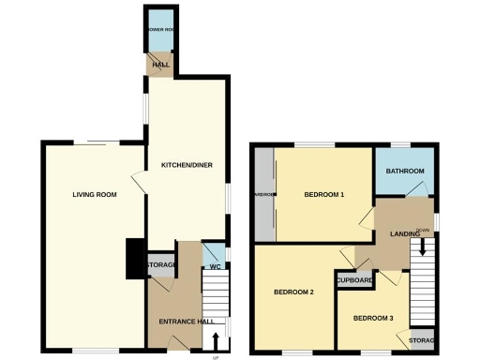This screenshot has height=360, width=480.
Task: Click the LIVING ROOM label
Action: point(95,195)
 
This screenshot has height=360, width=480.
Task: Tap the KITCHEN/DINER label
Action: point(187,165)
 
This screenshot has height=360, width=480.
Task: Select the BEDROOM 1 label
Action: point(324,195)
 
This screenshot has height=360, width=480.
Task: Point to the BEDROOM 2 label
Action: point(293,292)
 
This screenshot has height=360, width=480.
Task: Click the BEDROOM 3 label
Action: point(372,319)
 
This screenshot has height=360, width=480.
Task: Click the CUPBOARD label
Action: point(355,280)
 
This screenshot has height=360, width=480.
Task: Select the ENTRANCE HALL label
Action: point(175,322)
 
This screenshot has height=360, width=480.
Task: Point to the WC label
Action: point(214,266)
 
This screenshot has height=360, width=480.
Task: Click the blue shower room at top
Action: point(160,30)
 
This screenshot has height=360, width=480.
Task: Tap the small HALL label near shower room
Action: point(160,65)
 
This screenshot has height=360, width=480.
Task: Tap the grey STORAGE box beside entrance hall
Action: point(161,265)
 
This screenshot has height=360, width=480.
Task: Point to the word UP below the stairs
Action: point(217,357)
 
